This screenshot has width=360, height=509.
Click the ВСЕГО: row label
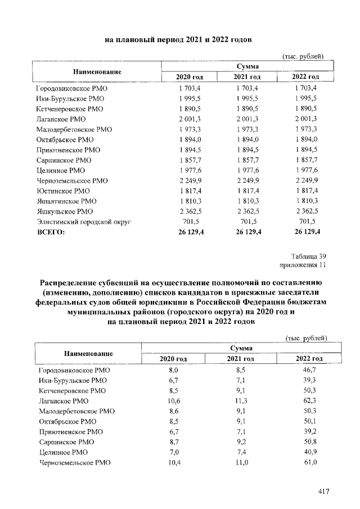tap(51, 232)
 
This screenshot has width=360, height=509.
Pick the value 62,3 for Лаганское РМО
tap(309, 402)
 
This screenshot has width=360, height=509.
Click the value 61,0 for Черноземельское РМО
tap(309, 462)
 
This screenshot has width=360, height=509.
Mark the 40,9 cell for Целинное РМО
tap(309, 452)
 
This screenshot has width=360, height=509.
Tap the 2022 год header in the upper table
tap(306, 76)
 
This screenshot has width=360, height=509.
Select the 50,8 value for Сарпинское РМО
tap(309, 442)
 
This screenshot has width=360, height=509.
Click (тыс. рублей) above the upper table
tap(303, 56)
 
